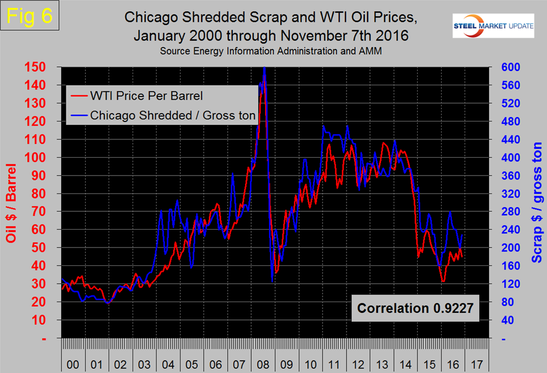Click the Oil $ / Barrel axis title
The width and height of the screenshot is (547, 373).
click(11, 203)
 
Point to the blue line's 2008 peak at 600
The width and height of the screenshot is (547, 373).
click(264, 68)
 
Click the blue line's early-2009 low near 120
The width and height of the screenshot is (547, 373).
click(272, 282)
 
